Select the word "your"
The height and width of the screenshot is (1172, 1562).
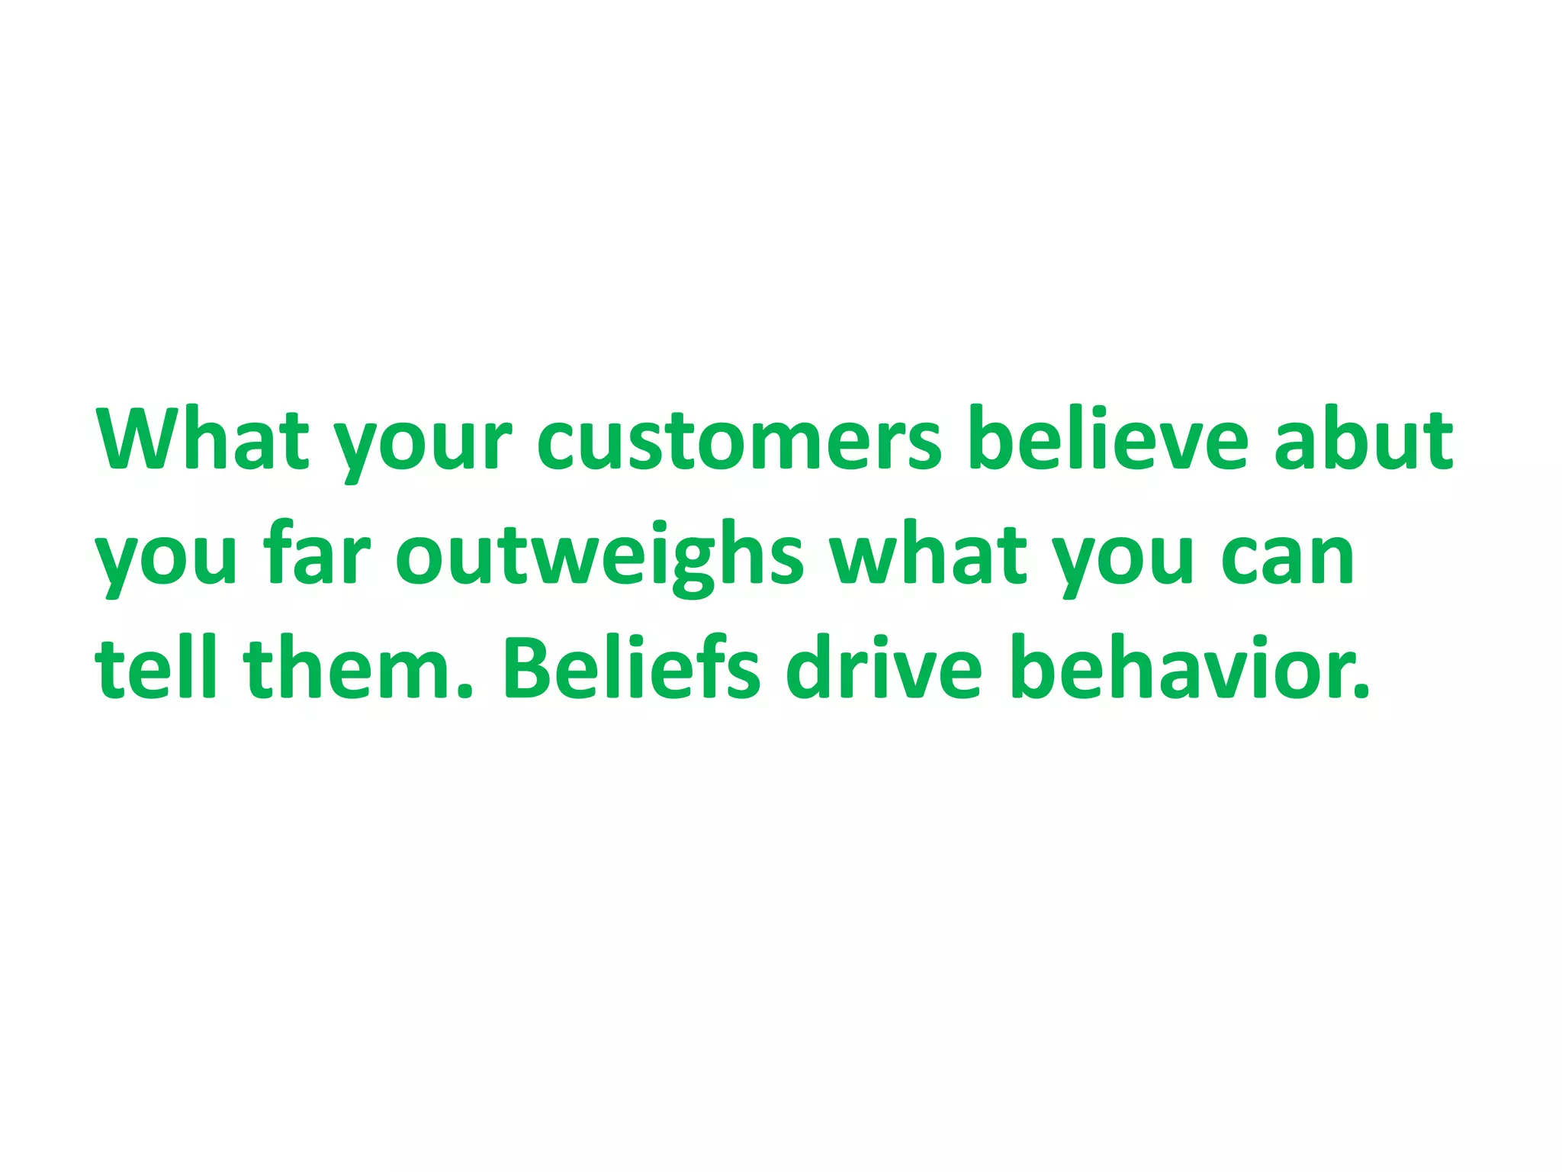[423, 446]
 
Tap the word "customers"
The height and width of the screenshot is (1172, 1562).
[740, 440]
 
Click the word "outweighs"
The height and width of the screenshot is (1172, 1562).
[599, 557]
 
